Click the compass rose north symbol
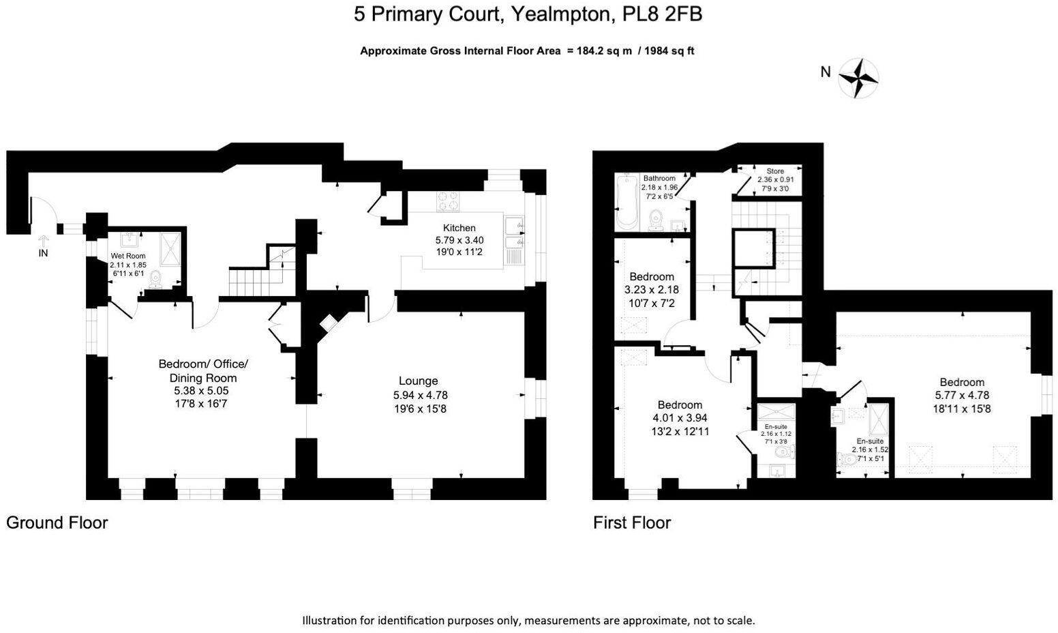coord(858,78)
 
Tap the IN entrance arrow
coord(43,240)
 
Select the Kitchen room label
coord(459,228)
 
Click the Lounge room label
coord(418,381)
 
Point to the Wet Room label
coord(128,256)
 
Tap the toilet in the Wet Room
coord(155,280)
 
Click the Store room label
coord(775,171)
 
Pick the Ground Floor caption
coord(57,523)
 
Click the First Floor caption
coord(632,523)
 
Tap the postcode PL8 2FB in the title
coord(662,14)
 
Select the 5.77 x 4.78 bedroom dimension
coord(962,395)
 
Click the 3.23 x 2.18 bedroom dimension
coord(652,290)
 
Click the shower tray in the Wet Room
coord(170,249)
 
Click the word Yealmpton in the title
coord(562,14)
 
